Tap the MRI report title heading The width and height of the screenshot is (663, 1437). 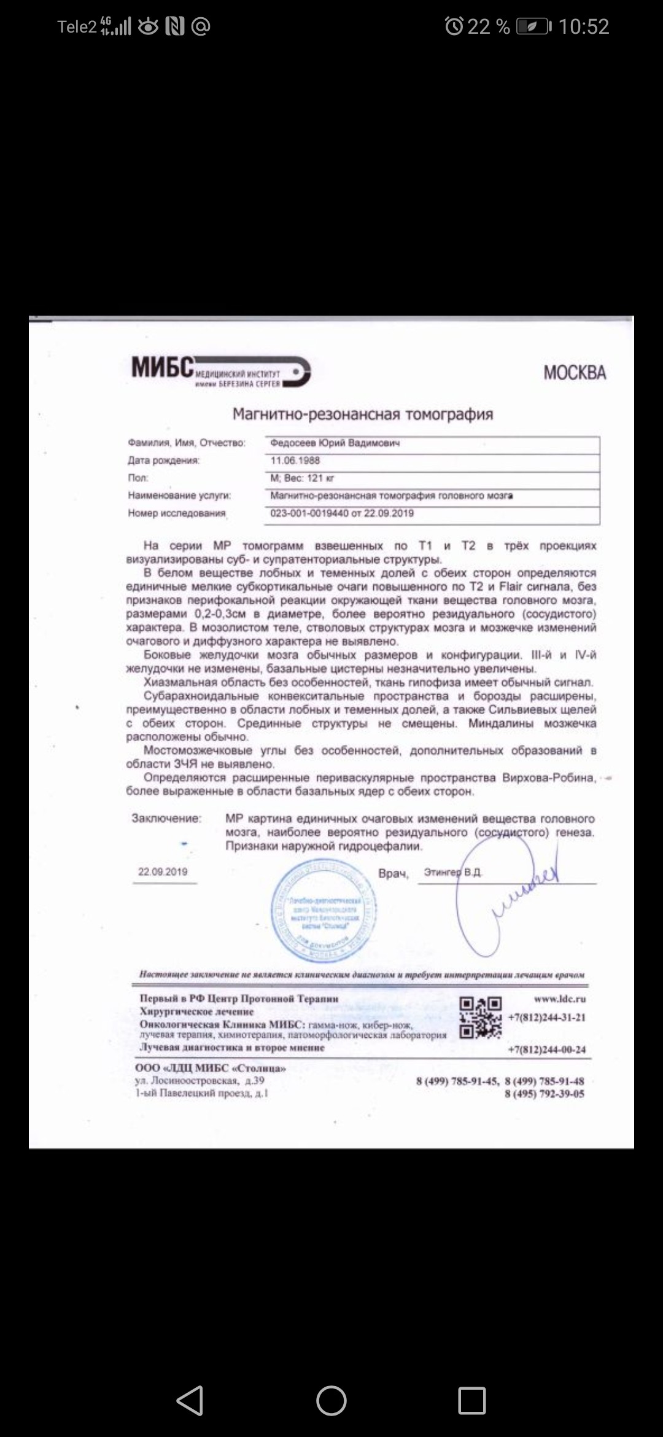point(362,415)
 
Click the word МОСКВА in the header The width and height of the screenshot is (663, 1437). point(575,373)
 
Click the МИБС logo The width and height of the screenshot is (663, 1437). point(221,370)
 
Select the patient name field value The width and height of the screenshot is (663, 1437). point(335,443)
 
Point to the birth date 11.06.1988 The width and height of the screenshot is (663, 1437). point(295,461)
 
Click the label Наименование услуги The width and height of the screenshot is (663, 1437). point(179,496)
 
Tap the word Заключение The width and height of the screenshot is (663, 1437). point(166,818)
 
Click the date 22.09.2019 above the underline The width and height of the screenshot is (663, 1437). point(163,872)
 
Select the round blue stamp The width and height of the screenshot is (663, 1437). point(324,911)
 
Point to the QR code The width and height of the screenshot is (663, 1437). point(481,1018)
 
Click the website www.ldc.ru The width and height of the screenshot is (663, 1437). point(559,999)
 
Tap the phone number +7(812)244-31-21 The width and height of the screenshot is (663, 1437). point(546,1018)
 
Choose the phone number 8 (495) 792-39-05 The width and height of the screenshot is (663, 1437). point(545,1094)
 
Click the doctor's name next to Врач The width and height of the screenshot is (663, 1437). point(452,873)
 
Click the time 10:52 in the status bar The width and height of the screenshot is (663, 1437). point(583,26)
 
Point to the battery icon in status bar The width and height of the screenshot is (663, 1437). point(533,26)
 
